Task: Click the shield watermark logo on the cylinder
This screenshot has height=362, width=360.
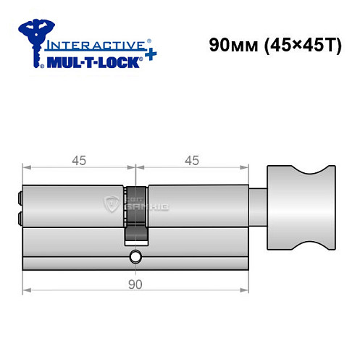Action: coord(113,203)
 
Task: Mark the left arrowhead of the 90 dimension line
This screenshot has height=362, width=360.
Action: coord(27,292)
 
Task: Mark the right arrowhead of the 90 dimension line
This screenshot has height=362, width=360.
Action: coord(245,292)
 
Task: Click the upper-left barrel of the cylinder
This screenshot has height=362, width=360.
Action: coord(72,206)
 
